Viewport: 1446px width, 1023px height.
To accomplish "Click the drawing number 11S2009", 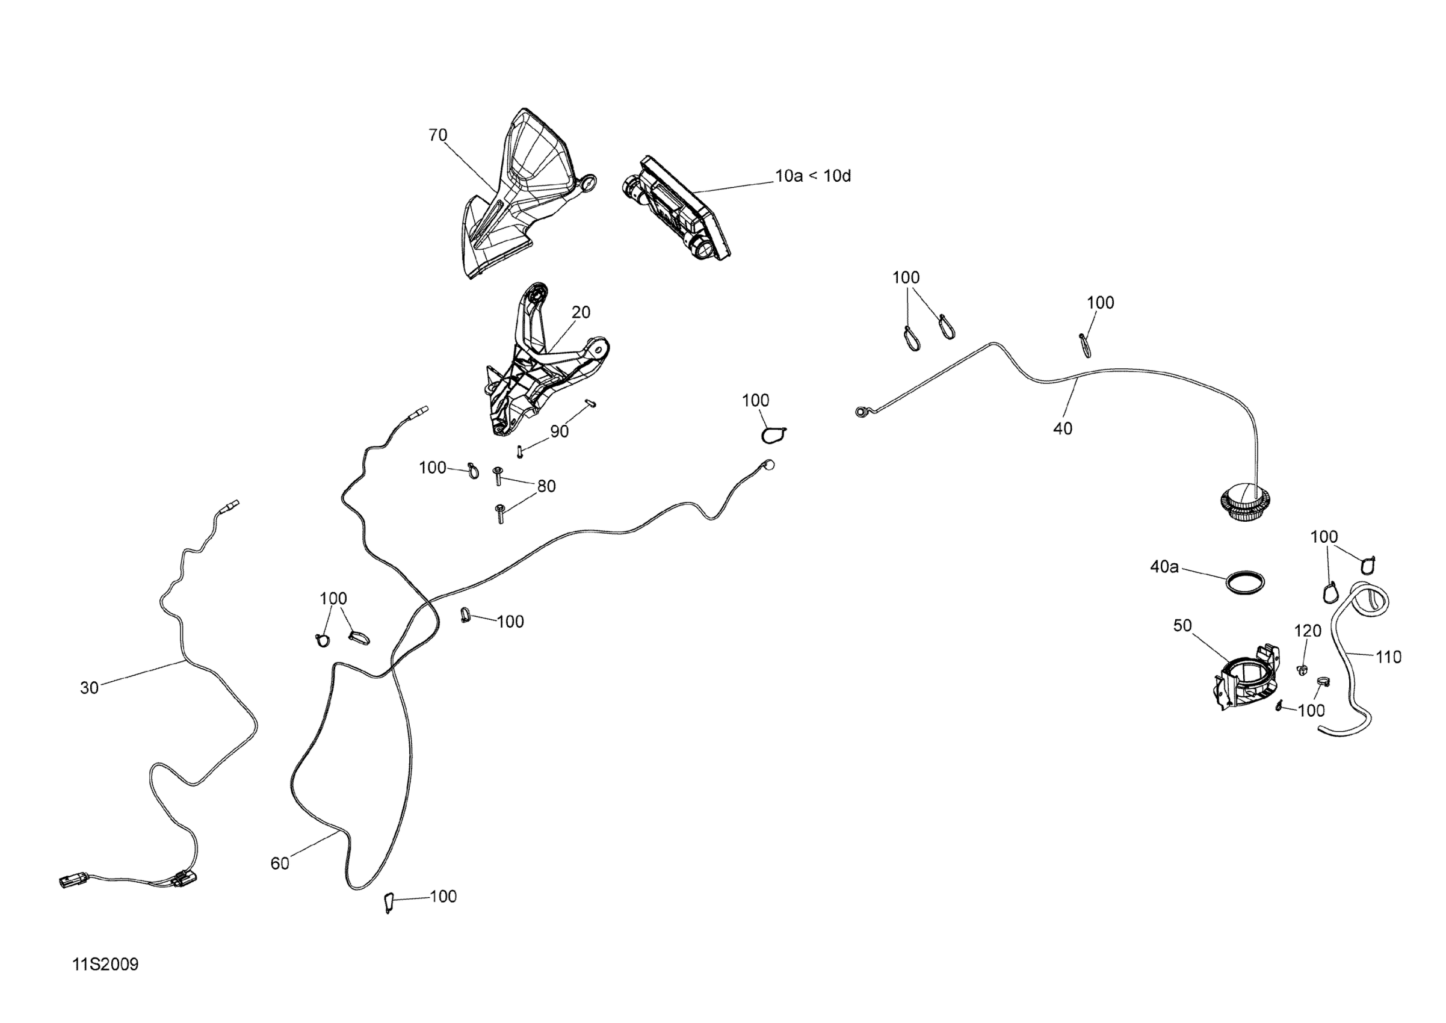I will point(105,965).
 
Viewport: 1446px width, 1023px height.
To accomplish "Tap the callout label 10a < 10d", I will point(812,176).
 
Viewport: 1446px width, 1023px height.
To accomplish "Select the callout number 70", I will point(437,135).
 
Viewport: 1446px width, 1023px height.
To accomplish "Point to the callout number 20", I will point(581,312).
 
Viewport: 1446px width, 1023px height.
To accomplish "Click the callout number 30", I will point(90,688).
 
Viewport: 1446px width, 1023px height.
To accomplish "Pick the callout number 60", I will point(280,864).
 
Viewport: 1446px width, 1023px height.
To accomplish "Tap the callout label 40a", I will point(1164,567).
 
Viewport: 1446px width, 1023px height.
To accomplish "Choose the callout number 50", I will point(1182,625).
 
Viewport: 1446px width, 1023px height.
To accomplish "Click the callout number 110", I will point(1388,658).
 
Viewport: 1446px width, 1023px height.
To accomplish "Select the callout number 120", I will point(1308,631).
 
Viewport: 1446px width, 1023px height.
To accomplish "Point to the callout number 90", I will point(559,431).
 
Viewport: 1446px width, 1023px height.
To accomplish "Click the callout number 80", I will point(546,486).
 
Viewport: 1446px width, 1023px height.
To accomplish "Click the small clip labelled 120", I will point(1301,670).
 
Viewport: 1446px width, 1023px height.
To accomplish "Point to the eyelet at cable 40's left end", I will point(861,412).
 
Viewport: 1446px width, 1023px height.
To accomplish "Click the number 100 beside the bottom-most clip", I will point(443,897).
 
